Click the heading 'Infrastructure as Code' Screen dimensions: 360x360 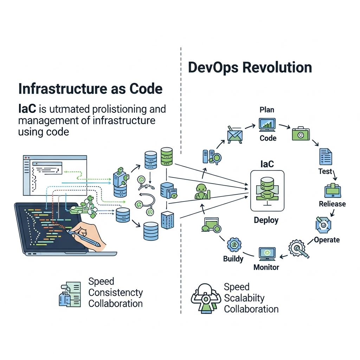(90, 89)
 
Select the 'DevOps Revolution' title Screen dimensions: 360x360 (250, 67)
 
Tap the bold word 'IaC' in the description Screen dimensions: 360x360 (27, 109)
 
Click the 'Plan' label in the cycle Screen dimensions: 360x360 (267, 110)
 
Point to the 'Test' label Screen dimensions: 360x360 (325, 171)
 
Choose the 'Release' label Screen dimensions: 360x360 (332, 204)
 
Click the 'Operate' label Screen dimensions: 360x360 (327, 240)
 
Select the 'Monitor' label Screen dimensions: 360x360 (266, 267)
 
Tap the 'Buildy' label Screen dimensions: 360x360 (233, 259)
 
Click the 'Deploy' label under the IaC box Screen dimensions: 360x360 (266, 220)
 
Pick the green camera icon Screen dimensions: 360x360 (301, 134)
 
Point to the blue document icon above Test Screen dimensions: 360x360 (326, 157)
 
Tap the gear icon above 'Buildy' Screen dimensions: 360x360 (234, 245)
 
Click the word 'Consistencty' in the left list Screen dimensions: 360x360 (116, 292)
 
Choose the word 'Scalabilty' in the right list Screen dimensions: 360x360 (244, 298)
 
